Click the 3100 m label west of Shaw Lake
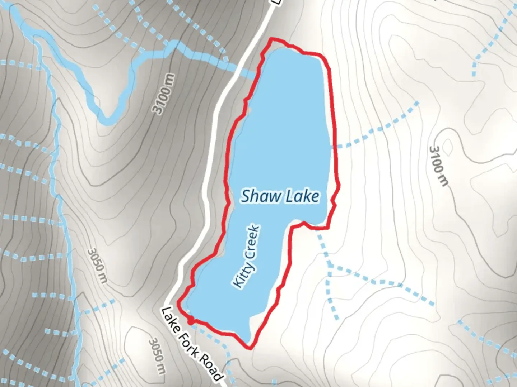[164, 94]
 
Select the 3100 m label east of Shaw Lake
[439, 166]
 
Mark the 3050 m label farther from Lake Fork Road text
[97, 266]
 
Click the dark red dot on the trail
[191, 320]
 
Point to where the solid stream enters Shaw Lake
[258, 74]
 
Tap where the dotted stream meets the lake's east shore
[331, 147]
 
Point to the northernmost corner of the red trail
[272, 38]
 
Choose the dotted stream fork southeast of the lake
[330, 267]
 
